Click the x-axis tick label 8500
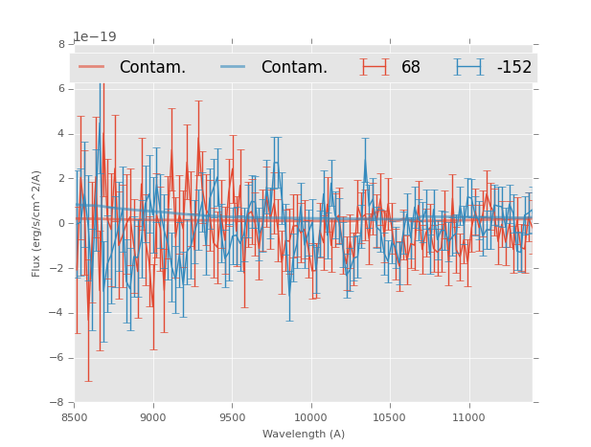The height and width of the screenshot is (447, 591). pos(75,417)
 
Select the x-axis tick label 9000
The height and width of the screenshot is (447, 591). pos(153,417)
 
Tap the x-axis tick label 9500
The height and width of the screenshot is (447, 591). pos(232,417)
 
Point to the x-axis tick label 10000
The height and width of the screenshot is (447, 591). pos(310,417)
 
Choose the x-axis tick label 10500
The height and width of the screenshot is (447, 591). pos(390,417)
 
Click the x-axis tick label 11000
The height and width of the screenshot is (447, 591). pos(468,417)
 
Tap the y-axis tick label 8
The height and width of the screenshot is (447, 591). pos(61,45)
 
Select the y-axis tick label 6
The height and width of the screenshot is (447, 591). pos(61,89)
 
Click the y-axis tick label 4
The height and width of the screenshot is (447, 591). pos(61,134)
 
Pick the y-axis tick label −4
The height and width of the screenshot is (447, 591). pos(58,313)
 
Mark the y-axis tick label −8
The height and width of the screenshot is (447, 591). pos(58,403)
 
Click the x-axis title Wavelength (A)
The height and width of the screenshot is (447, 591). pos(304,434)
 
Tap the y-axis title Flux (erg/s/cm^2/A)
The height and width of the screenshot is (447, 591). pos(36,224)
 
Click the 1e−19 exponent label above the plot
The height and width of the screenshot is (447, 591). pos(94,36)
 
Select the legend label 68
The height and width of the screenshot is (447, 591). pos(411,67)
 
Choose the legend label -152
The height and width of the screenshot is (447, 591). pos(513,67)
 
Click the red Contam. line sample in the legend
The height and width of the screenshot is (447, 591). pos(92,67)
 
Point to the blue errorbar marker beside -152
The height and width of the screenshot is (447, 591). pos(469,67)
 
